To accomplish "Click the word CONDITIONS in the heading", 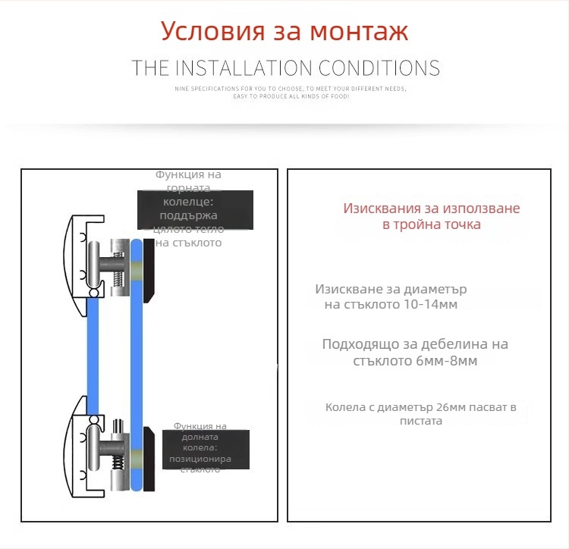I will coord(379,68).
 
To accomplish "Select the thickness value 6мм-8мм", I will coord(447,361).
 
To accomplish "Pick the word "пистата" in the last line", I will coord(421,421).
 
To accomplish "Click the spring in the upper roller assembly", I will coord(117,280).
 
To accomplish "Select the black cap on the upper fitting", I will coord(149,271).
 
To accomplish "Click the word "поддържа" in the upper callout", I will coord(193,215).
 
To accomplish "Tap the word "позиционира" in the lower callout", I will coord(201,460).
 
